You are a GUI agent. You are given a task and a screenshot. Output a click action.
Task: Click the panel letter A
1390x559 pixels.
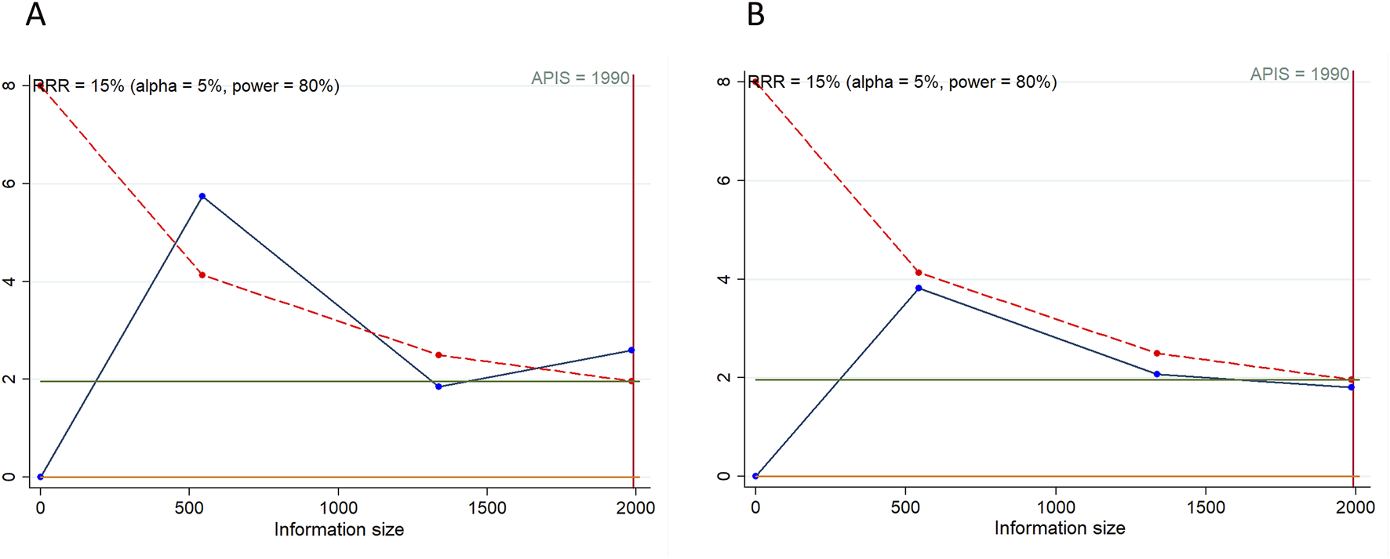[35, 15]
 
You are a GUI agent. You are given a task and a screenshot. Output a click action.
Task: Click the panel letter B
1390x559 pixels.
[755, 15]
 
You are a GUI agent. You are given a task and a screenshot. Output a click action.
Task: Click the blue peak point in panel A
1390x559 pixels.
[202, 196]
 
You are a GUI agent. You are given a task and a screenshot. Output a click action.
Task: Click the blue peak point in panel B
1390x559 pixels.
[919, 289]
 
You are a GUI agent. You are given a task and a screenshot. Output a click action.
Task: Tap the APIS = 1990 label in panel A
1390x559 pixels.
[580, 78]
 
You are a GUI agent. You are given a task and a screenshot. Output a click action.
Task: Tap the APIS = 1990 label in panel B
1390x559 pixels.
[1299, 74]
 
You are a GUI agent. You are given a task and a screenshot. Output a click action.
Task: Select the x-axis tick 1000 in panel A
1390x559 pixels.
[338, 508]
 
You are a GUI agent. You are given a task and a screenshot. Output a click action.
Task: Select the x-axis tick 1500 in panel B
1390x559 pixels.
[1206, 507]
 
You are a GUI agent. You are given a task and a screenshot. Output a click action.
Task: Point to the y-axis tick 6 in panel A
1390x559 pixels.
[9, 183]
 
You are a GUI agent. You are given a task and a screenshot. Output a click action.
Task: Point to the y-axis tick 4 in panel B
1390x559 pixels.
[724, 279]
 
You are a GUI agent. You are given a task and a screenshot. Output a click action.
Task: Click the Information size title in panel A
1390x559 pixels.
[339, 530]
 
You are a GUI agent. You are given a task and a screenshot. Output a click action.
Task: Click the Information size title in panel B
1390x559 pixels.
[1059, 528]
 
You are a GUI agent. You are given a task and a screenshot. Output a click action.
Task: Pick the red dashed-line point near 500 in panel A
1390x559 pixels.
[202, 275]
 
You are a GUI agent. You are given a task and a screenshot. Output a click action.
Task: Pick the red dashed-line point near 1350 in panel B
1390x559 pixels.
[1157, 354]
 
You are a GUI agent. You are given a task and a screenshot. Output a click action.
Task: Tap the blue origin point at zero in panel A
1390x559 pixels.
[41, 477]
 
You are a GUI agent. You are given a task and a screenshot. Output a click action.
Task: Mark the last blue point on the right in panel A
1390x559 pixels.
[631, 350]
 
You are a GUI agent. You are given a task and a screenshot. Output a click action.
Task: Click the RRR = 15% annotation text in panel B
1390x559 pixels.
[902, 82]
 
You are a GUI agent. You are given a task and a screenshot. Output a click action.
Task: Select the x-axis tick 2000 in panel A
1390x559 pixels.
[635, 508]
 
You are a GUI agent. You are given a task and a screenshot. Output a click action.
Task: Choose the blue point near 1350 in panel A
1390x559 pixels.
[438, 387]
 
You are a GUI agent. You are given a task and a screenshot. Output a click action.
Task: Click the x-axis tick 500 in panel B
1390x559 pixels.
[905, 507]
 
